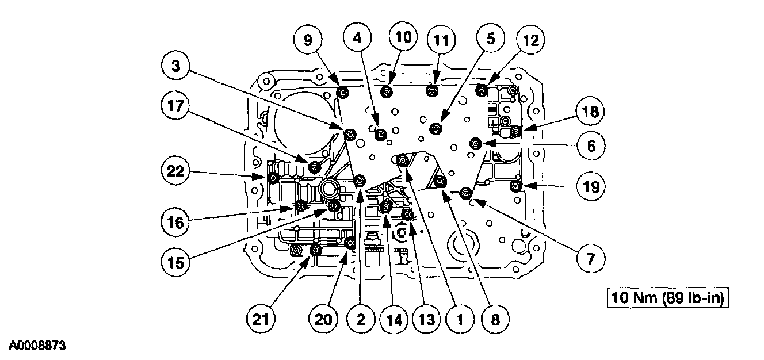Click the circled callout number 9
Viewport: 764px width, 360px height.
pyautogui.click(x=308, y=40)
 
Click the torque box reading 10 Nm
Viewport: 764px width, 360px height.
pyautogui.click(x=667, y=298)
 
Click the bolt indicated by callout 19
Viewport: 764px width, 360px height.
pyautogui.click(x=516, y=186)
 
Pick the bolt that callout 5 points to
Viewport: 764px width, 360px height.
pyautogui.click(x=436, y=128)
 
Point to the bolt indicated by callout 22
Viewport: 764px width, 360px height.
pyautogui.click(x=274, y=178)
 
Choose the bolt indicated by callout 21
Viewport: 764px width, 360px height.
pyautogui.click(x=315, y=250)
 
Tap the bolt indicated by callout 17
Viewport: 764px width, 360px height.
pyautogui.click(x=314, y=167)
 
